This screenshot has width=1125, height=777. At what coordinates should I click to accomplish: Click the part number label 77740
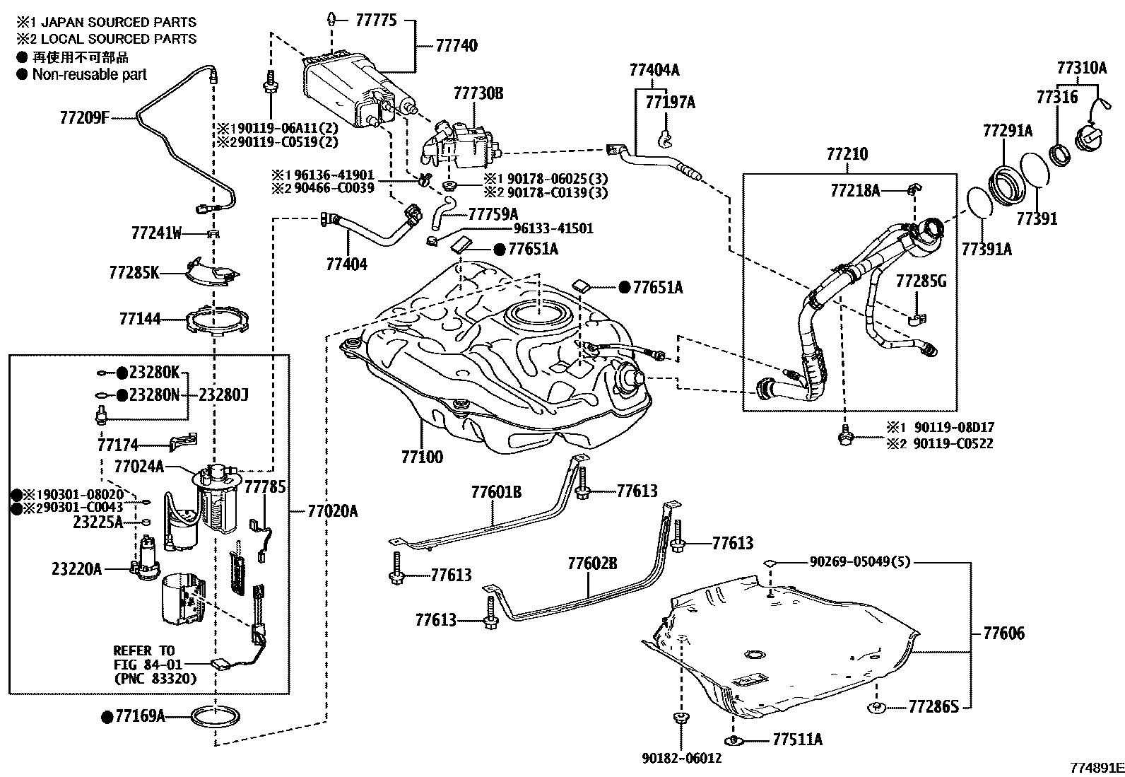tap(457, 46)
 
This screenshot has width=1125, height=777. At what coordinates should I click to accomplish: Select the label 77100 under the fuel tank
tap(423, 457)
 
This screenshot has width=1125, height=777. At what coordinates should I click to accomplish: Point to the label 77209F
tap(84, 118)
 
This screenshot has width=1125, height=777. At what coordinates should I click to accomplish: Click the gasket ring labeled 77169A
tap(215, 717)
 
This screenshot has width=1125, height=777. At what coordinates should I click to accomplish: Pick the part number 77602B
tap(592, 563)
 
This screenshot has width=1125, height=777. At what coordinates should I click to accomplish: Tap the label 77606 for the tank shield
tap(1003, 633)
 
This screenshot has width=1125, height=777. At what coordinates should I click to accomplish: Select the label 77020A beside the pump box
tap(332, 511)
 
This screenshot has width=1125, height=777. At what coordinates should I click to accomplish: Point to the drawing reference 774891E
tap(1097, 768)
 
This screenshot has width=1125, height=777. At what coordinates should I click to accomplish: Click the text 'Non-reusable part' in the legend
tap(90, 74)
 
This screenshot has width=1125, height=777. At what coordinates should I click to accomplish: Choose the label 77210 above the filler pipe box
tap(847, 154)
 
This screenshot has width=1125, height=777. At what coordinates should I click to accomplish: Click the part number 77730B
tap(478, 93)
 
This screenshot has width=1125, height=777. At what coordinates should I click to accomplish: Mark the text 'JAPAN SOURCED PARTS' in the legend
tap(119, 22)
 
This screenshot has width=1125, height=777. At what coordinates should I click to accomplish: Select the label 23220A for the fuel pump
tap(77, 569)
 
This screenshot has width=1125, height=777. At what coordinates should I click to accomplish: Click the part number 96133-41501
tap(553, 228)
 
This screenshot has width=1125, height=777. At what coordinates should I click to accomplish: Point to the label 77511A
tap(798, 740)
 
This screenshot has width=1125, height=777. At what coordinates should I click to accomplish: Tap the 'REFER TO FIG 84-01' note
tap(147, 658)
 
